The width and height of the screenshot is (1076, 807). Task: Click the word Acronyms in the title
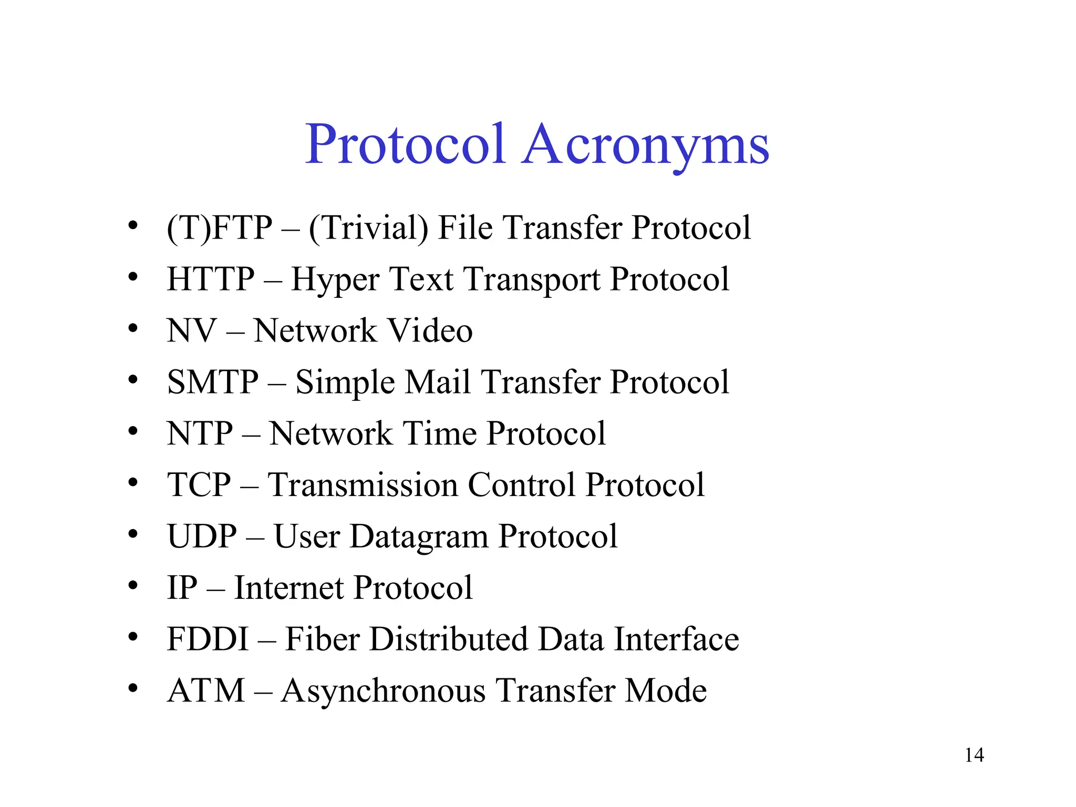[646, 144]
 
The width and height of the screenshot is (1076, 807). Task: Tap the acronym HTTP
[211, 279]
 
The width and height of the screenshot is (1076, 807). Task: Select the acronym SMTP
[213, 382]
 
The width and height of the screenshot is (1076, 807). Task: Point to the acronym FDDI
[208, 639]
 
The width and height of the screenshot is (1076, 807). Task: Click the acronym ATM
[206, 690]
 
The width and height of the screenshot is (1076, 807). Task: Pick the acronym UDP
[202, 536]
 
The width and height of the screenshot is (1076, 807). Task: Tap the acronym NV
[191, 330]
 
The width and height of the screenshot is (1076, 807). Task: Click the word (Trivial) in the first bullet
[368, 229]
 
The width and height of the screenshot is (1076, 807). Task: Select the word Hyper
[335, 280]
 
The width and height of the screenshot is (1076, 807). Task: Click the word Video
[430, 330]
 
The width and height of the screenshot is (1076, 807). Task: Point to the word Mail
[438, 382]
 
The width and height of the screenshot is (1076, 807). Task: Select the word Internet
[288, 588]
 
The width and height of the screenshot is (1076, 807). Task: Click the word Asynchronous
[383, 691]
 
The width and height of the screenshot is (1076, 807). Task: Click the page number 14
[974, 756]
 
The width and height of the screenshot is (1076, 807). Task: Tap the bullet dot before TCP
[133, 482]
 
